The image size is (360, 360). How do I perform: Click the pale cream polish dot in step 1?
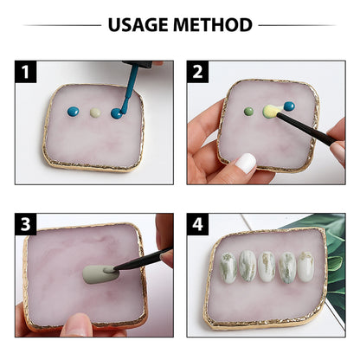(x=95, y=112)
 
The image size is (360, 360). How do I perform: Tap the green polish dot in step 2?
(x=249, y=111)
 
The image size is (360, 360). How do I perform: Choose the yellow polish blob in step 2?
(x=270, y=112)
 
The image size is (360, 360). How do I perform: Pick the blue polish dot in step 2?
(x=288, y=106)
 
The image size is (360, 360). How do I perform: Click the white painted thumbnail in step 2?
(x=246, y=163)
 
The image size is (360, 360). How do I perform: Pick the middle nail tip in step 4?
(x=268, y=268)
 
